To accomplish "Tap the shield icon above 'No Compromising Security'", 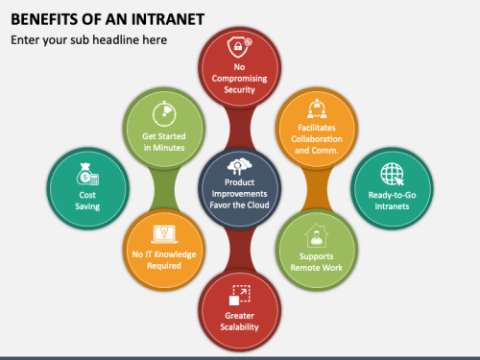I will coord(240,48).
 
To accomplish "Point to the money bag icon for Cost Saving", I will coord(87,175).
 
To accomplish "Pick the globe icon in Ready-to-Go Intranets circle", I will coord(392,175).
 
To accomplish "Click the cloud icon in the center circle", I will coord(240,163).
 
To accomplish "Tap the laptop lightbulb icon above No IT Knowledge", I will coord(164,234).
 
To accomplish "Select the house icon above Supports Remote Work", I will coord(317,236).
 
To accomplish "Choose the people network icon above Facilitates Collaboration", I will coord(317,108).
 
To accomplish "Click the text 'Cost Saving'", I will coord(87,199).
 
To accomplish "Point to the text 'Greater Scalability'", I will coord(240,321).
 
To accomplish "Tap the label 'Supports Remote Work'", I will coord(317,262).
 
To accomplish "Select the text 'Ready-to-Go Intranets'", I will coord(392,198).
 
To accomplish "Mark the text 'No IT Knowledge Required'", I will coord(164,261).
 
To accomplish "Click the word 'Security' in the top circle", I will coord(240,89).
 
